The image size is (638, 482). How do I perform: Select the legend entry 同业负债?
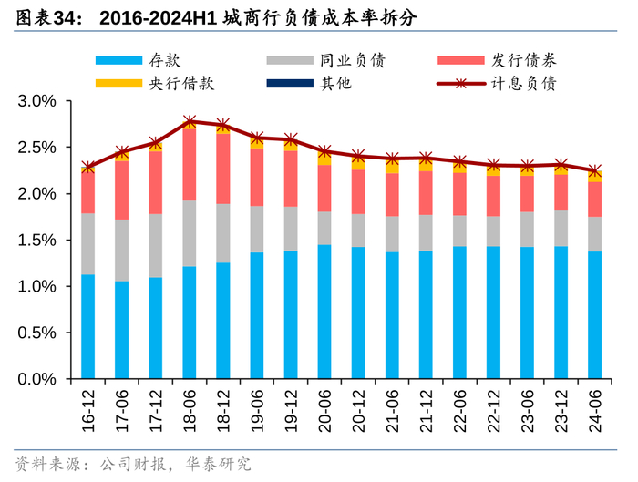pyautogui.click(x=352, y=60)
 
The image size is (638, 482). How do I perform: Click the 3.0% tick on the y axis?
pyautogui.click(x=37, y=101)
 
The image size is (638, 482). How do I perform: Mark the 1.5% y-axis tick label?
pyautogui.click(x=37, y=241)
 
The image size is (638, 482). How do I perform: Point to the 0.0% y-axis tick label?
pyautogui.click(x=37, y=379)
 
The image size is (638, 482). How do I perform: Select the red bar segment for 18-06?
pyautogui.click(x=190, y=165)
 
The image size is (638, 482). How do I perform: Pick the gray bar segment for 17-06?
pyautogui.click(x=122, y=251)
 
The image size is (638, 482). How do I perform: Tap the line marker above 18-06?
pyautogui.click(x=190, y=121)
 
